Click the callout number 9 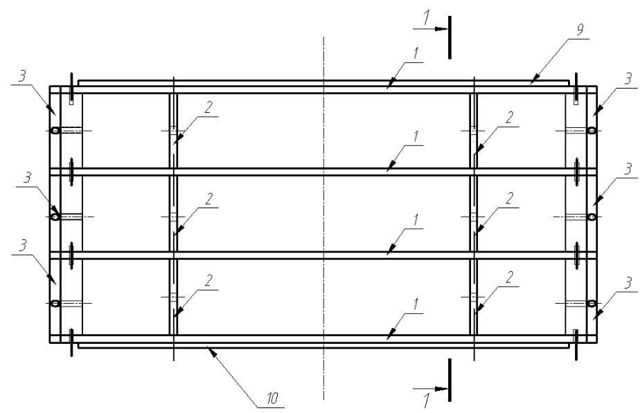point(580,29)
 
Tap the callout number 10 point(272,398)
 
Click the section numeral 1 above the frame point(426,18)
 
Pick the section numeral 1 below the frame point(426,401)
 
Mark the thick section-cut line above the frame point(450,37)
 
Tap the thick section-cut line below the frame point(450,380)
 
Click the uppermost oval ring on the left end point(55,131)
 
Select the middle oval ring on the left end point(55,217)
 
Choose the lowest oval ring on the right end point(591,303)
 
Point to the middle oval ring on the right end point(591,217)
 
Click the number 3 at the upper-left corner point(22,77)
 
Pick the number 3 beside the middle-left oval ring point(27,178)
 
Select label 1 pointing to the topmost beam point(416,54)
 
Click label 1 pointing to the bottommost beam point(416,304)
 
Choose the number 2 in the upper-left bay point(208,108)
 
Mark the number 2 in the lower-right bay point(509,277)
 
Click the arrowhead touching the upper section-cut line point(441,29)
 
